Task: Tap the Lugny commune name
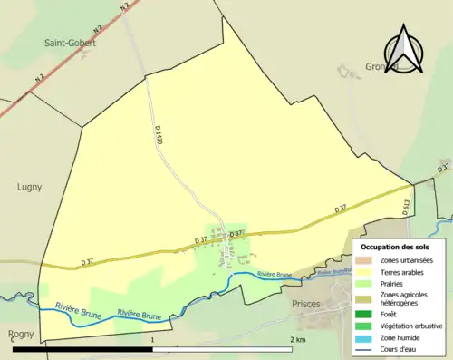[x=30, y=187]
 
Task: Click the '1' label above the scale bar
[x=152, y=339]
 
